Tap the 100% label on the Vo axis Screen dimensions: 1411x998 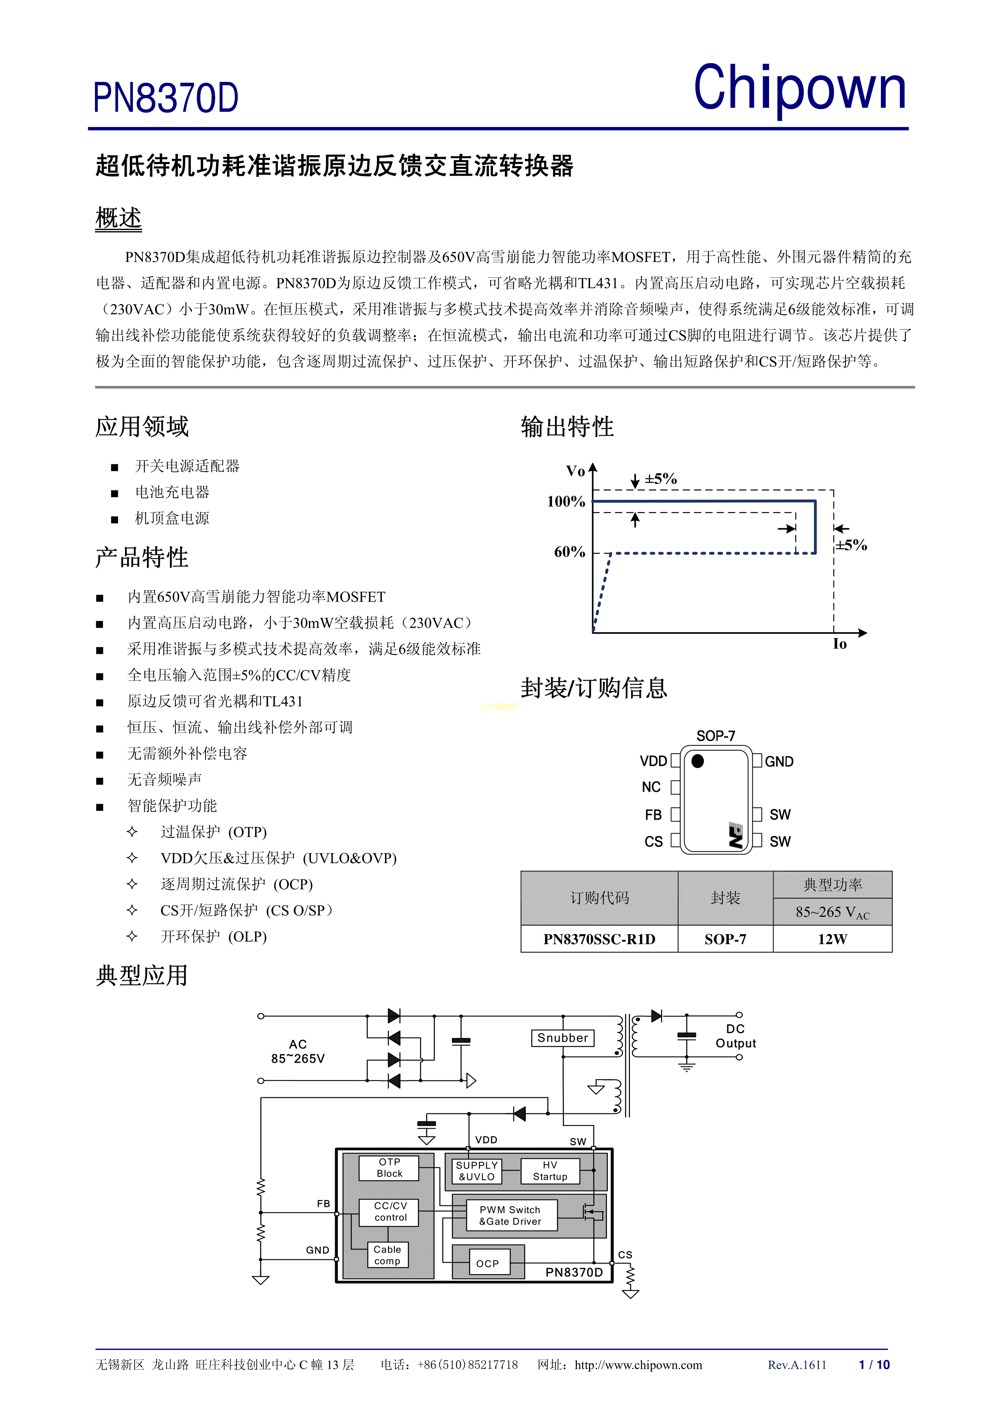click(x=566, y=501)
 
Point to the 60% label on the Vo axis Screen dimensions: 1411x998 click(x=570, y=552)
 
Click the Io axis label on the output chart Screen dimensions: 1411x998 click(x=840, y=644)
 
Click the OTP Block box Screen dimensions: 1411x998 click(x=389, y=1168)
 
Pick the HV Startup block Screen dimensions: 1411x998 click(x=550, y=1171)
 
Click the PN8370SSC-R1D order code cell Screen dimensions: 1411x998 click(x=599, y=939)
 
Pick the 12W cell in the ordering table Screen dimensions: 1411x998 click(x=832, y=939)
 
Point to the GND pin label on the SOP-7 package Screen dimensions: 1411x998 click(x=779, y=762)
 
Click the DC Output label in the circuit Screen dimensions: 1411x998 click(x=735, y=1036)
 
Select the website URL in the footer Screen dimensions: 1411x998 click(x=638, y=1365)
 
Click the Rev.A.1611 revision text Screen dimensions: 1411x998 click(x=797, y=1365)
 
